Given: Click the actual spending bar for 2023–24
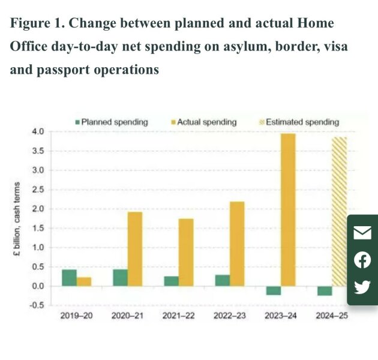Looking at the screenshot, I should pos(288,210).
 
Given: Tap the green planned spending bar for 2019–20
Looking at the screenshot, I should pos(69,278).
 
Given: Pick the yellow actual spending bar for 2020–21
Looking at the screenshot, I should pos(135,249).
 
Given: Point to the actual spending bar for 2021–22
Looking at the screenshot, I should pos(186,252).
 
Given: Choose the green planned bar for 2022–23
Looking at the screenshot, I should pos(223,280).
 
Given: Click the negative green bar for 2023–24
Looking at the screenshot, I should pos(274,290).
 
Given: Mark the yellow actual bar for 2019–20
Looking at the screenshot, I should pos(84,281).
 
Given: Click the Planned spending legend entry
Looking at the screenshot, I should pos(111,122).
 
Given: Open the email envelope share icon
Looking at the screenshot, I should pos(362,233).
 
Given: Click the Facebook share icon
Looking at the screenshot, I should pos(362,260).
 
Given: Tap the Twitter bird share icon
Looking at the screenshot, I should pos(362,287).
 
